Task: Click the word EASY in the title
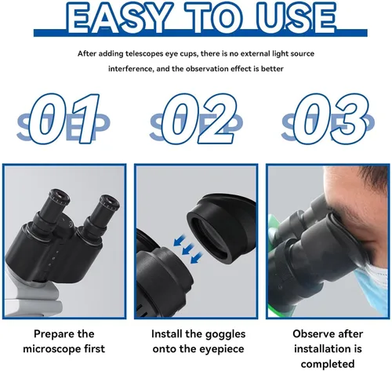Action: click(118, 18)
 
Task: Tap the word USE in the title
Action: click(296, 18)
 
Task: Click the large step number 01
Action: click(64, 118)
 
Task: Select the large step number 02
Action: click(199, 118)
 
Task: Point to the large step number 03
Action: click(331, 118)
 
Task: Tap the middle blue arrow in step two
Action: click(188, 249)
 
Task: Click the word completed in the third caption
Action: click(328, 364)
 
